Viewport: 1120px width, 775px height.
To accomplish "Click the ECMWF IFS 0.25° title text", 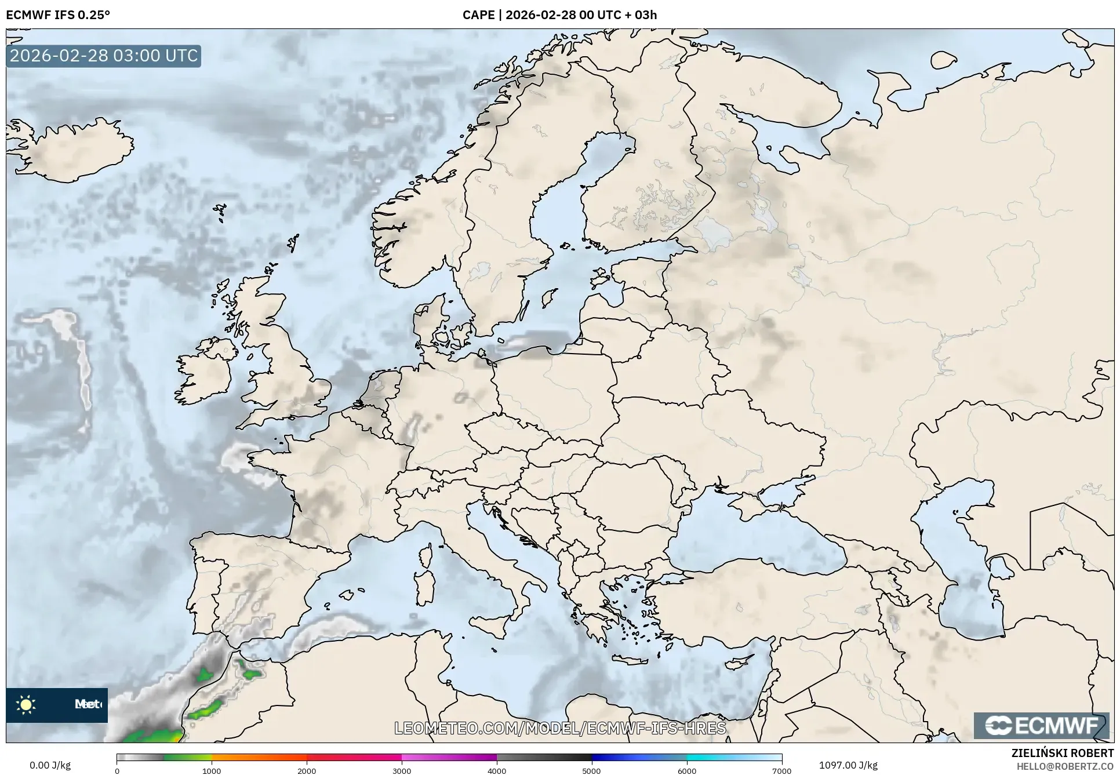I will tap(58, 15).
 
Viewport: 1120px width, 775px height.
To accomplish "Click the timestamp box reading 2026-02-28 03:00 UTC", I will tap(104, 56).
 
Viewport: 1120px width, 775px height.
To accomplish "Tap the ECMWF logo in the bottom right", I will tap(1042, 725).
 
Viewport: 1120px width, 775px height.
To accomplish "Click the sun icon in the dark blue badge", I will tap(26, 705).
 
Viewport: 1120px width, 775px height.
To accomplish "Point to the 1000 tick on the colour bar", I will tap(212, 770).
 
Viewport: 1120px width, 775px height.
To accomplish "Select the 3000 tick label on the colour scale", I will tap(402, 770).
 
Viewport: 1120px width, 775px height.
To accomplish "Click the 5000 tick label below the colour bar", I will tap(591, 770).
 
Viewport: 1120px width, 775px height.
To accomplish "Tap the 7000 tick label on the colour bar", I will tap(781, 770).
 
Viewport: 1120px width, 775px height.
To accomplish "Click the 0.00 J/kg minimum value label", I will tap(50, 765).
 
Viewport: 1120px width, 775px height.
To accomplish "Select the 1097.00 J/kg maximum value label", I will tap(848, 765).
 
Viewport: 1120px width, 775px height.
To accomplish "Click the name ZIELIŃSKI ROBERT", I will tap(1063, 753).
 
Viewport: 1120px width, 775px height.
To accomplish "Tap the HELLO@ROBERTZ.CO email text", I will tap(1065, 766).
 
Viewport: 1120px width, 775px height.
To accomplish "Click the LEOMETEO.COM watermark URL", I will tap(560, 728).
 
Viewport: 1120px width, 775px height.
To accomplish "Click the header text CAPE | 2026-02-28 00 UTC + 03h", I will tap(559, 15).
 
